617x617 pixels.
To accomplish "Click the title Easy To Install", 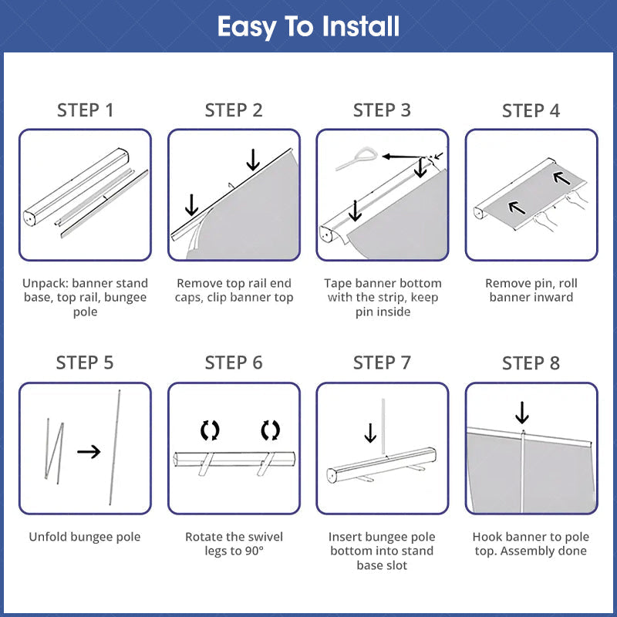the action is (x=308, y=27).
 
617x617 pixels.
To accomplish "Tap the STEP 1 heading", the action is (x=86, y=110).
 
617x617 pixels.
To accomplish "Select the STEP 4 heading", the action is (x=531, y=110).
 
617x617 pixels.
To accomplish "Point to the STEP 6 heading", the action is (x=234, y=362).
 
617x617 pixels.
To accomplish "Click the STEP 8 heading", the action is (x=531, y=362).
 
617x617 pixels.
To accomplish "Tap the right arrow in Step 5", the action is (x=89, y=452).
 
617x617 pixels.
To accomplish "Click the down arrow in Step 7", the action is (x=370, y=433).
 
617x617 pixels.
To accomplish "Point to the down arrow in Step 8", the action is (x=522, y=413).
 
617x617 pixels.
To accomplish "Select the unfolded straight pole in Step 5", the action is (x=114, y=447).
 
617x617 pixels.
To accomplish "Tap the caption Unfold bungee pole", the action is (x=85, y=537).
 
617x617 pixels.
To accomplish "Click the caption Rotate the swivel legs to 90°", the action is (x=234, y=544).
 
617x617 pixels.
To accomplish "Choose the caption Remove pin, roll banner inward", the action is (x=531, y=290).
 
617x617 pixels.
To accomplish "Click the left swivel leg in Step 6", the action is (x=206, y=464).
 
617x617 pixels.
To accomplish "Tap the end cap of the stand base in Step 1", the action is (x=30, y=218).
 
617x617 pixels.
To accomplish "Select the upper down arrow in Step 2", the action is (x=253, y=160).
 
